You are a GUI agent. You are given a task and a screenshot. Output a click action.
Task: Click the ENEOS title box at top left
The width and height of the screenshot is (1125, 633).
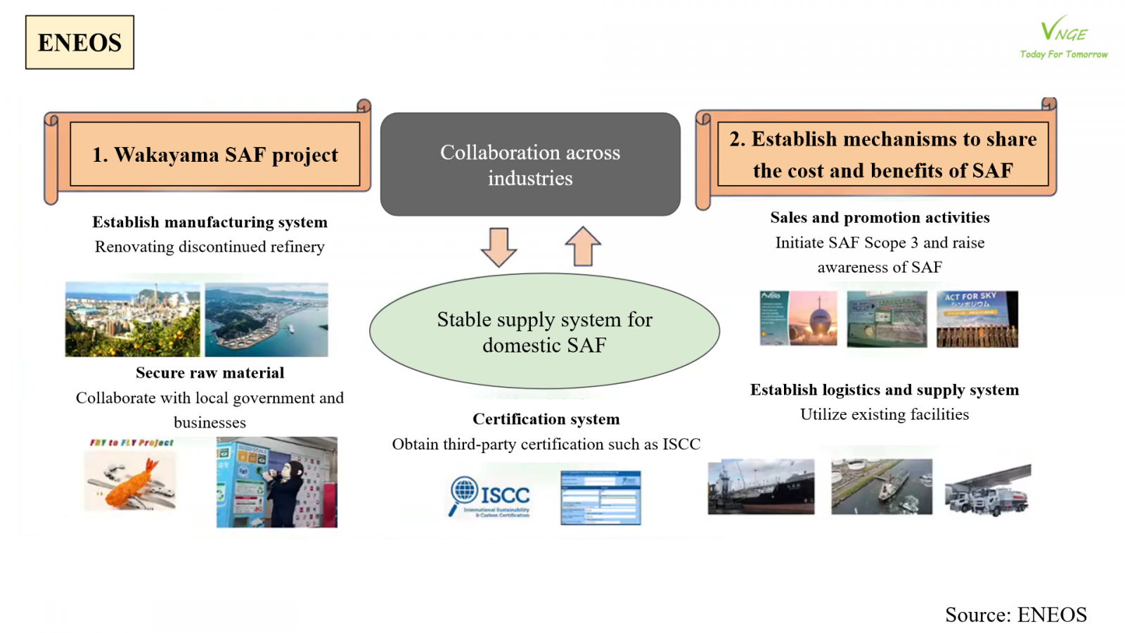79,42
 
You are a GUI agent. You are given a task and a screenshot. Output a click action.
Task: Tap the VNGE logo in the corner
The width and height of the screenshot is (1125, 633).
1063,37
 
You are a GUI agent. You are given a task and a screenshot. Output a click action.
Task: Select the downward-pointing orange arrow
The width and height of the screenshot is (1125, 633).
499,247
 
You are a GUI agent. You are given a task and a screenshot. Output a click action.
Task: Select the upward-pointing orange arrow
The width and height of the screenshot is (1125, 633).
583,246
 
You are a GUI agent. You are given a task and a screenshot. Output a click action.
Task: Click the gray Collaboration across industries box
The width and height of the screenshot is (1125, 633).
530,165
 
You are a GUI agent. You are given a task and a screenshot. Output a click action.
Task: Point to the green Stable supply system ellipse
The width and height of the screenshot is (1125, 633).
544,331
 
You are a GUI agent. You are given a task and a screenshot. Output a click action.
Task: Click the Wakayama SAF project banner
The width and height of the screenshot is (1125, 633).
214,155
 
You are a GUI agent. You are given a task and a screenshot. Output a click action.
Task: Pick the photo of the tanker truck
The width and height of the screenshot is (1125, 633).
988,490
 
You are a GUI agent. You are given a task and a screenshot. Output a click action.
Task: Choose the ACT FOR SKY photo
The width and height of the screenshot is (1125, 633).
977,319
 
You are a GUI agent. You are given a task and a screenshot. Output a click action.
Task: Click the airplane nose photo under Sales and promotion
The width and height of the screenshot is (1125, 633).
799,319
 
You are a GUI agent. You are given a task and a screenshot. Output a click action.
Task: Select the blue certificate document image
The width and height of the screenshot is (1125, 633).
600,497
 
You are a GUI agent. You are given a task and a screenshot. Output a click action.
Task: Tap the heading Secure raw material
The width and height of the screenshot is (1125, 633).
210,373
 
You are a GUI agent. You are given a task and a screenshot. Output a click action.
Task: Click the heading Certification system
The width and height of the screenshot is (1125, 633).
546,419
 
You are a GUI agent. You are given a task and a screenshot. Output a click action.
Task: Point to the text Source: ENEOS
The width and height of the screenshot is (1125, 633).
1015,615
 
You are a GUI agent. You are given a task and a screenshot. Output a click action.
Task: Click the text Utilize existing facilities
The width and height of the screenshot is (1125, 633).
884,414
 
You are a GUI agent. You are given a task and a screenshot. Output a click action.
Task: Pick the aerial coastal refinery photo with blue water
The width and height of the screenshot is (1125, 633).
266,320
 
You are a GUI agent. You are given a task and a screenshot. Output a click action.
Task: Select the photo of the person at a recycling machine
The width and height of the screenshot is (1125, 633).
276,482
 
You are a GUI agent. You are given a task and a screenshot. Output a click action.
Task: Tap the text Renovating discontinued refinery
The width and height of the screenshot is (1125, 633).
210,247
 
